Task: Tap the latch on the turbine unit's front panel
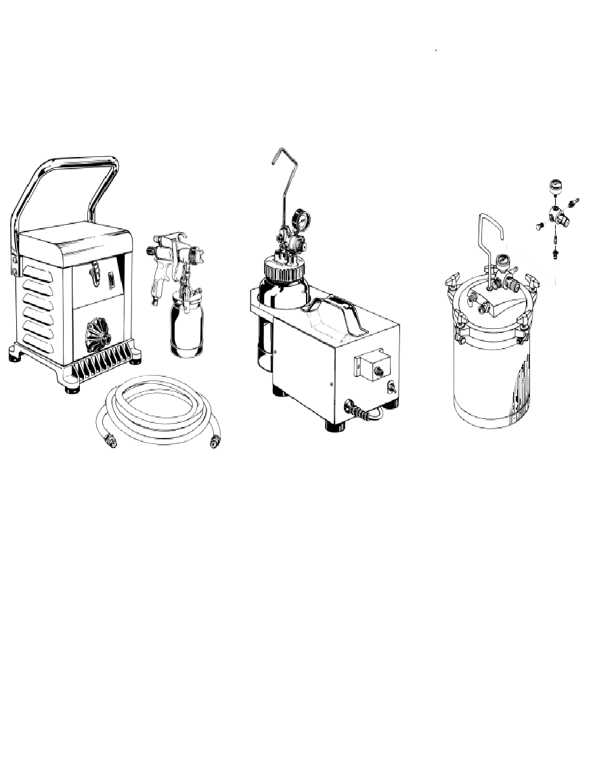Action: click(x=93, y=274)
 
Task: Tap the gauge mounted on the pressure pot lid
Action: click(x=502, y=261)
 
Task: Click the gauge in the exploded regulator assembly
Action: click(x=555, y=185)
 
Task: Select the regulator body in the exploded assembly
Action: click(x=557, y=219)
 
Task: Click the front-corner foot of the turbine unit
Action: click(x=72, y=388)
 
